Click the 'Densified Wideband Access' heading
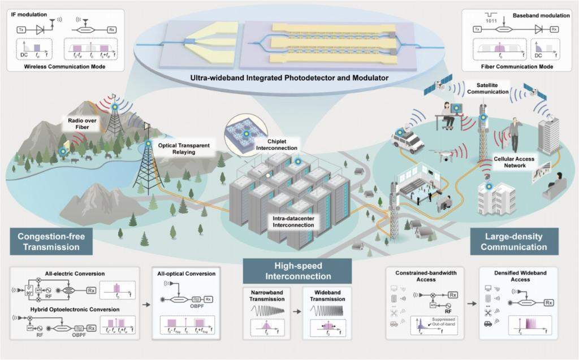(x=515, y=276)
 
